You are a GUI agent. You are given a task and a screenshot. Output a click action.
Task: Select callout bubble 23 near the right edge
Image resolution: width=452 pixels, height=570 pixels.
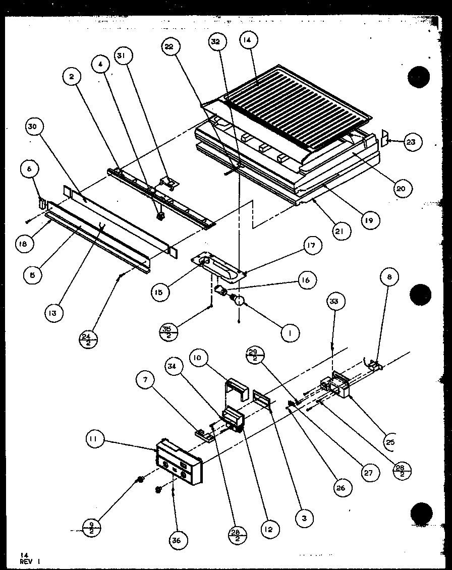point(411,142)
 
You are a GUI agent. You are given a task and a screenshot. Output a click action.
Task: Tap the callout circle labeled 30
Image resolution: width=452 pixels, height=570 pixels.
point(33,128)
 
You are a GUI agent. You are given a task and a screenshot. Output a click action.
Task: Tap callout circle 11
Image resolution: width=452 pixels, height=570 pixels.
point(93,440)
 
